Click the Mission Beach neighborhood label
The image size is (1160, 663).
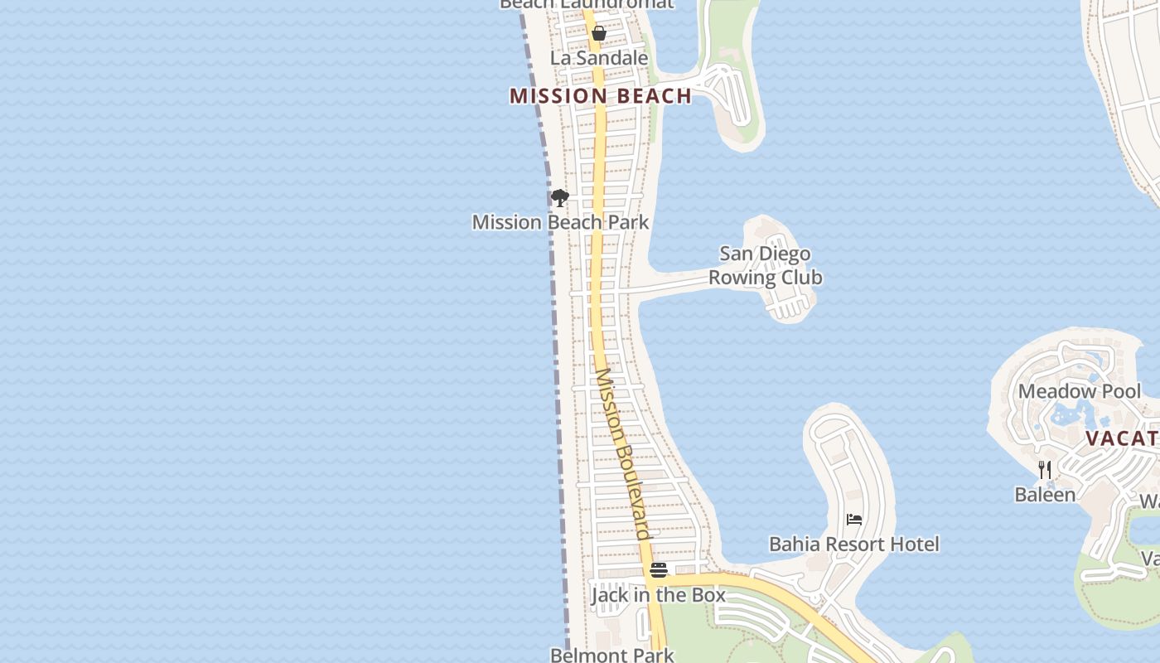601,96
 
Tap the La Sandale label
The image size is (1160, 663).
599,58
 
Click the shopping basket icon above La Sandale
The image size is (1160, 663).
599,34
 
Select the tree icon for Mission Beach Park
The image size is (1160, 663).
560,198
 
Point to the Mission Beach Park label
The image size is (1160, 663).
561,222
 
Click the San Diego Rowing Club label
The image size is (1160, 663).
765,265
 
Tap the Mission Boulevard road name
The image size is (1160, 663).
622,453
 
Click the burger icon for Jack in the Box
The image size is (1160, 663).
659,570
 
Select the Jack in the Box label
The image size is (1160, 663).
659,595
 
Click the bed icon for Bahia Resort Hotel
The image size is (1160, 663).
854,520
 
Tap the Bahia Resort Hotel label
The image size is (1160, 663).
854,544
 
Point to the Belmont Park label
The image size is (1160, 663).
612,655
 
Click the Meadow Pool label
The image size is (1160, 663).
1080,391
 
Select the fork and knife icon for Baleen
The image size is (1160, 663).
1045,470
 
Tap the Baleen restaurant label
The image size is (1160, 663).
1045,495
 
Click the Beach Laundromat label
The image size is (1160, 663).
587,4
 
